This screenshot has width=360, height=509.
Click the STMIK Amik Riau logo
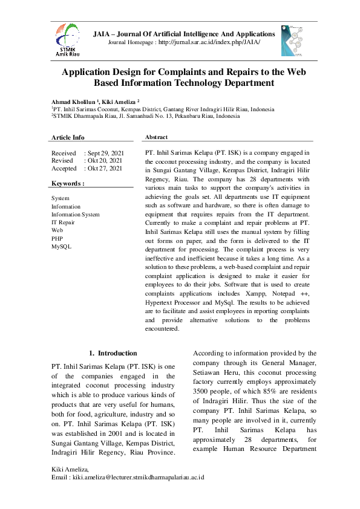(66, 40)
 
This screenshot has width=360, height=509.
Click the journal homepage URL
(209, 44)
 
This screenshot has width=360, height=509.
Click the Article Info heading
(68, 138)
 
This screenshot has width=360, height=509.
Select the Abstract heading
(157, 137)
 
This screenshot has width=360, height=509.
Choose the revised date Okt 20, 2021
(104, 161)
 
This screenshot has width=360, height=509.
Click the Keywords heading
(68, 183)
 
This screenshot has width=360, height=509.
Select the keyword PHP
(57, 239)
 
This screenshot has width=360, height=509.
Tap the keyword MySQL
(61, 247)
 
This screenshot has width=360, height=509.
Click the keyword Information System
(76, 215)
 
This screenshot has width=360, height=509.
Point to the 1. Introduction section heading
(113, 353)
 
